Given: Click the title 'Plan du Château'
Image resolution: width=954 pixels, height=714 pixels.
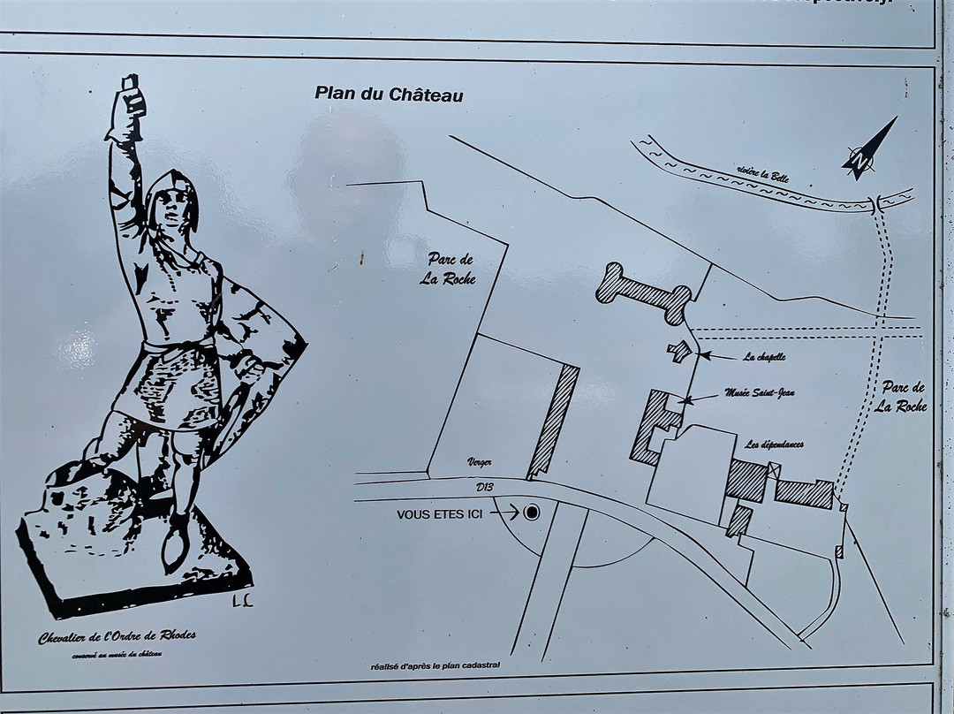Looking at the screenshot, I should tap(389, 94).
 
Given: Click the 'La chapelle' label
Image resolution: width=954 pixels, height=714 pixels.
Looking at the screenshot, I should tap(764, 357).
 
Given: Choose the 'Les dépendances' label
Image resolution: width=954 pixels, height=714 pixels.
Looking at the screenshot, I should tap(774, 444).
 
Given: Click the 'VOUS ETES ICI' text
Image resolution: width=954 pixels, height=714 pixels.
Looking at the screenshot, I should tap(440, 513).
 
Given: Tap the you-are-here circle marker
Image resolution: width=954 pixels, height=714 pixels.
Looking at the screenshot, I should tap(532, 513).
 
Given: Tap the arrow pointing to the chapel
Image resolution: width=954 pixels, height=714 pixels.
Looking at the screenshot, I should tap(719, 356).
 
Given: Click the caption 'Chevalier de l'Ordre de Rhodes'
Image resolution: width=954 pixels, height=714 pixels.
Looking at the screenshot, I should tap(117, 638).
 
